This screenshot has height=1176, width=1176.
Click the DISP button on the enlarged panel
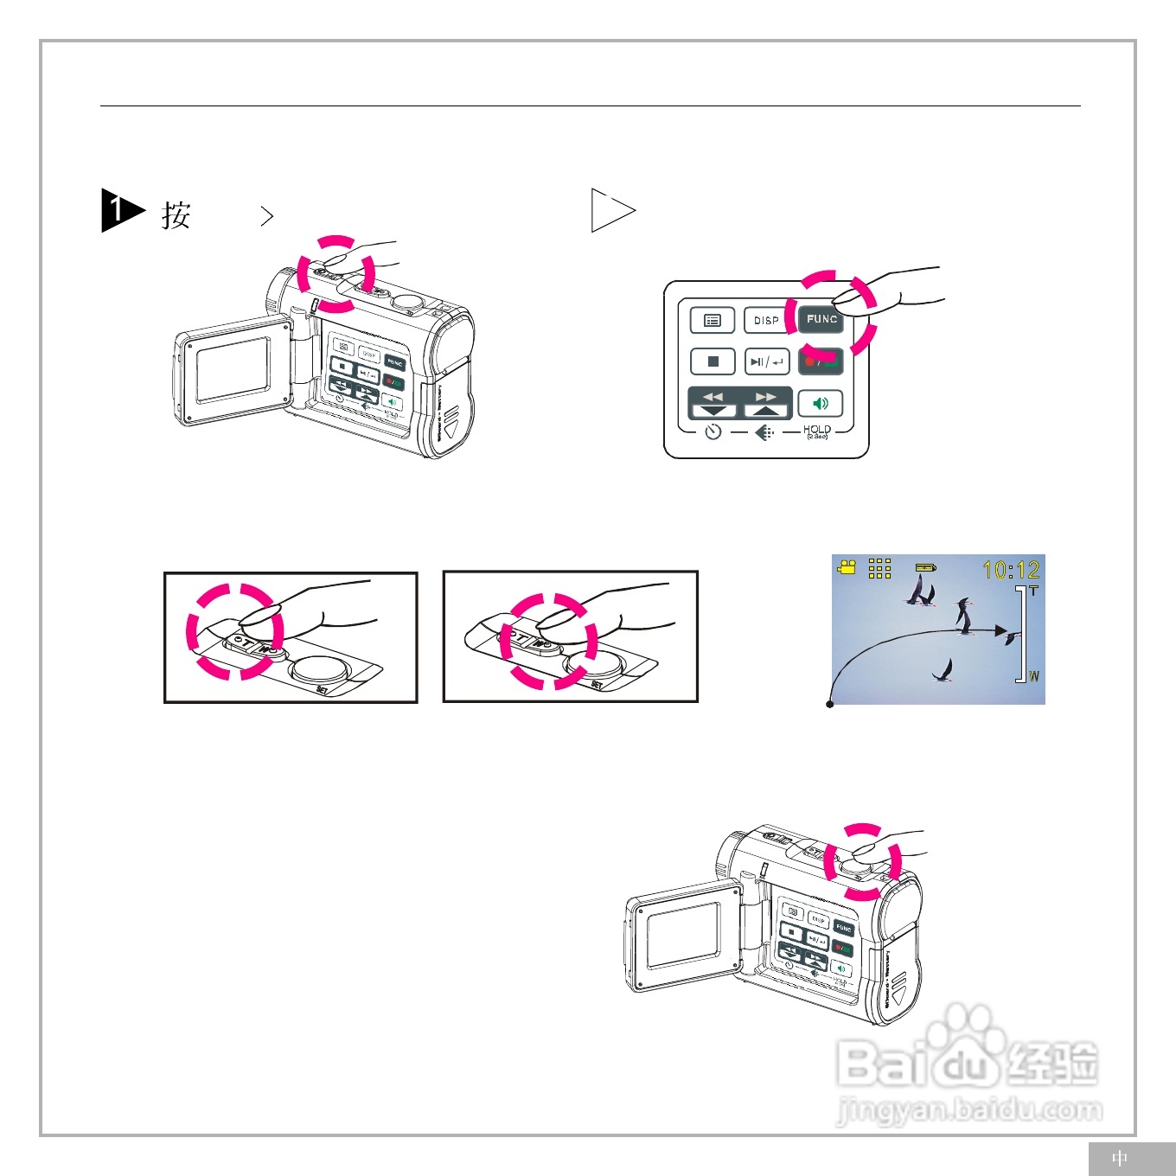tap(766, 320)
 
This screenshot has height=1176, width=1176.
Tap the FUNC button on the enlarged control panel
tap(821, 319)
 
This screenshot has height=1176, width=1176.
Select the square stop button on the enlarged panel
tap(713, 361)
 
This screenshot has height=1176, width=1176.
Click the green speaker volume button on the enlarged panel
tap(820, 404)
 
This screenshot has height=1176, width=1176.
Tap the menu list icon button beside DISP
tap(713, 320)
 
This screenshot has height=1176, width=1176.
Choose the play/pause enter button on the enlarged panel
tap(767, 361)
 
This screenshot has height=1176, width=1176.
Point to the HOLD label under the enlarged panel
tap(816, 430)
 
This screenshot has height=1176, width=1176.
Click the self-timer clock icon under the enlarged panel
tap(713, 431)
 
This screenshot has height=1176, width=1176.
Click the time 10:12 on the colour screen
tap(1010, 570)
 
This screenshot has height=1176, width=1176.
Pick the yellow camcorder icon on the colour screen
tap(847, 567)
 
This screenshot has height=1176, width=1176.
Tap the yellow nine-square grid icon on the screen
tap(879, 568)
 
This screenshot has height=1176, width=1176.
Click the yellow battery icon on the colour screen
tap(925, 567)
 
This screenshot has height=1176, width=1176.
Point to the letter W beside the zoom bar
tap(1034, 676)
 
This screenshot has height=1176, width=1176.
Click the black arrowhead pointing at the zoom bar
tap(1001, 631)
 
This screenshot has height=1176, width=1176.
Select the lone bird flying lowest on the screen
tap(945, 671)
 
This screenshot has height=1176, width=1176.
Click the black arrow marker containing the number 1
tap(119, 210)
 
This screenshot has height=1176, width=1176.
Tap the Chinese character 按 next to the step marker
tap(176, 215)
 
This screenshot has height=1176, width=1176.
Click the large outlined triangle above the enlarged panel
tap(610, 210)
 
